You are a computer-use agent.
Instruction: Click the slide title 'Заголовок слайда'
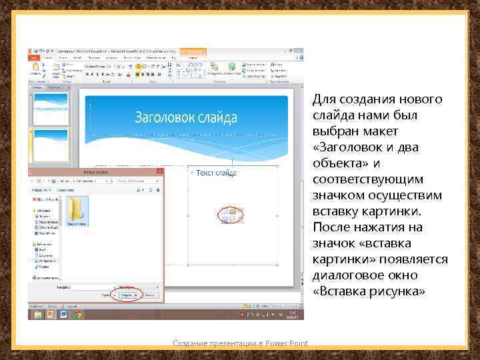[186, 118]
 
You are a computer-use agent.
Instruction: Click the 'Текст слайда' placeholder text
[217, 173]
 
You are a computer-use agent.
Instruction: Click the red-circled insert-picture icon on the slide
[229, 215]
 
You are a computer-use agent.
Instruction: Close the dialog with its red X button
[159, 171]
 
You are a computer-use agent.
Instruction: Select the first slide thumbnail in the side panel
[51, 108]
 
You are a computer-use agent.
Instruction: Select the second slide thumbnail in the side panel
[51, 144]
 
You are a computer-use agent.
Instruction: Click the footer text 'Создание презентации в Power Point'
[240, 343]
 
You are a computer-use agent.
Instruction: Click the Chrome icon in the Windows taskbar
[78, 315]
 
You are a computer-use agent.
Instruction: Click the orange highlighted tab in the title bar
[193, 51]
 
